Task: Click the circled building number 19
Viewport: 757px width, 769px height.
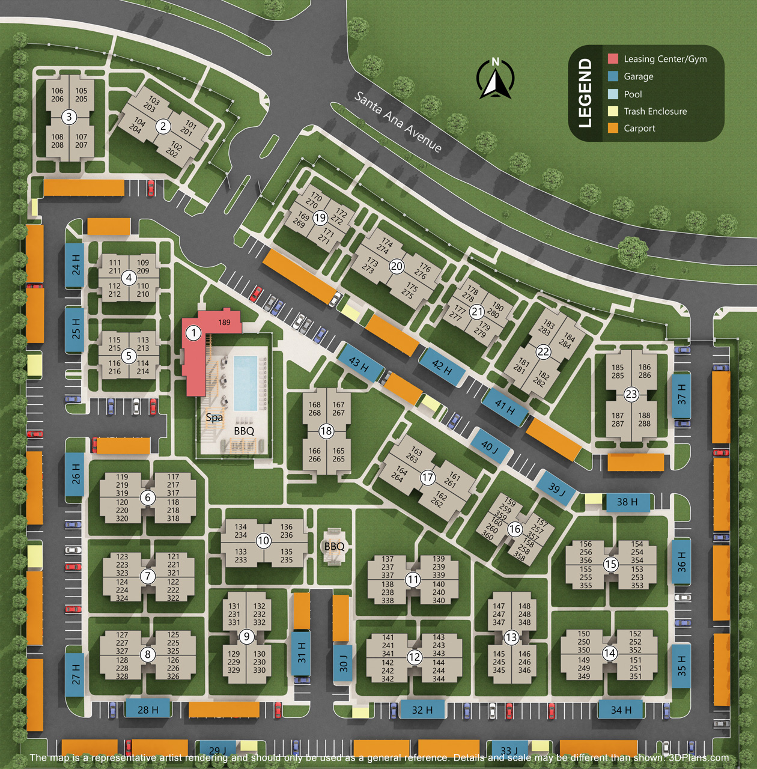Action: click(320, 218)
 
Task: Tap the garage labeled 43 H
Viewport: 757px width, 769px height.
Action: click(359, 363)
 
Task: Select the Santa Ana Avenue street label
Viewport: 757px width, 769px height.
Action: click(398, 122)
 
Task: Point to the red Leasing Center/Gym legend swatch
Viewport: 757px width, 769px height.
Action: click(613, 59)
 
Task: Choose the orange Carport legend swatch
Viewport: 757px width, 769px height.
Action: click(613, 128)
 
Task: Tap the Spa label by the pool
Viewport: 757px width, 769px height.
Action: click(214, 417)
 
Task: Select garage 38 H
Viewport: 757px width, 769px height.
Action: click(627, 502)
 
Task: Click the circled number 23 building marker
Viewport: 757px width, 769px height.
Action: click(631, 394)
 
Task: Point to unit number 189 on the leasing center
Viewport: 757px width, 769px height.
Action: click(224, 323)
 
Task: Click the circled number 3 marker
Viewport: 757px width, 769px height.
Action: click(69, 117)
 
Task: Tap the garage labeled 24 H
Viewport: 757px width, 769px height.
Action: click(75, 265)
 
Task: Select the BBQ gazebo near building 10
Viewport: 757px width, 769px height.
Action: click(334, 546)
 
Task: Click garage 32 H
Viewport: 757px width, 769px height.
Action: click(422, 710)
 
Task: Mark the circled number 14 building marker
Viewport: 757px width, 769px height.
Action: click(610, 653)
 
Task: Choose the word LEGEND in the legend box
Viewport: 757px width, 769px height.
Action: click(585, 93)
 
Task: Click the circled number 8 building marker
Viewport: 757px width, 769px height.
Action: click(148, 654)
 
